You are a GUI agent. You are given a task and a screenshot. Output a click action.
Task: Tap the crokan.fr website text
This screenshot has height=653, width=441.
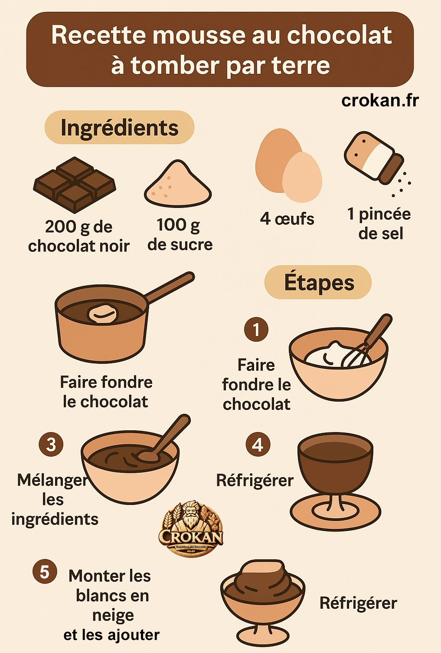pyautogui.click(x=380, y=100)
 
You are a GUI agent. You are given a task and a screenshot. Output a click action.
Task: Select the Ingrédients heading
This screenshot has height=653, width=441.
pyautogui.click(x=119, y=128)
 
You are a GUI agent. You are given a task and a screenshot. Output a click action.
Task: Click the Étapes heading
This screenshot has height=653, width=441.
pyautogui.click(x=319, y=283)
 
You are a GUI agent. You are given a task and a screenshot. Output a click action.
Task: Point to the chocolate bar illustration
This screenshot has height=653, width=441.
pyautogui.click(x=75, y=184)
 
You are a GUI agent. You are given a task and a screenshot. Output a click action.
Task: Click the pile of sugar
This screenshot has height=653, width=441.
pyautogui.click(x=178, y=185)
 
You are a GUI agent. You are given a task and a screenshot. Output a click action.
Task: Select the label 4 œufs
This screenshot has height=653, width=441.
pyautogui.click(x=287, y=219)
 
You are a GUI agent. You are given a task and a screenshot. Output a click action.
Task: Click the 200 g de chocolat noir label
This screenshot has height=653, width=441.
pyautogui.click(x=78, y=236)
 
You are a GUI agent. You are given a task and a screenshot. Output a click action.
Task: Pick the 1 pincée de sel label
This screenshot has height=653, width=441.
pyautogui.click(x=379, y=224)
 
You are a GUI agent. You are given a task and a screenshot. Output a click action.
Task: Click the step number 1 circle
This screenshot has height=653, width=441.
pyautogui.click(x=256, y=330)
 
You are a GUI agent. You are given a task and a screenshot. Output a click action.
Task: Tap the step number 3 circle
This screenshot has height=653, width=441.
pyautogui.click(x=51, y=445)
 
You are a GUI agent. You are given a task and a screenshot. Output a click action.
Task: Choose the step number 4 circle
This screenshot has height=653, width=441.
pyautogui.click(x=258, y=445)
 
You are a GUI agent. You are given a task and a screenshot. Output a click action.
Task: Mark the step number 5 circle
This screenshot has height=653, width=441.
pyautogui.click(x=45, y=572)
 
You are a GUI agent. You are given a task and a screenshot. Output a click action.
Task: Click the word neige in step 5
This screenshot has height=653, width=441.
pyautogui.click(x=113, y=616)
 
